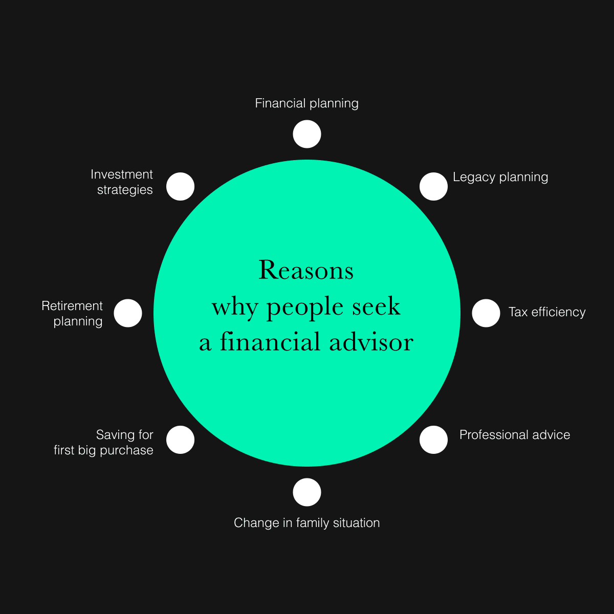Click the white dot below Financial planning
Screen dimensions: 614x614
pyautogui.click(x=307, y=134)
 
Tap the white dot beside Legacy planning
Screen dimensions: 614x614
pyautogui.click(x=433, y=186)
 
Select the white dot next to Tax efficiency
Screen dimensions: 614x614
pyautogui.click(x=486, y=313)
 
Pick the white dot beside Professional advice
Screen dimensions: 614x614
pyautogui.click(x=433, y=440)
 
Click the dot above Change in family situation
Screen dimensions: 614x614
pyautogui.click(x=307, y=492)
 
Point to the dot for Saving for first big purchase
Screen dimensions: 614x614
pyautogui.click(x=181, y=440)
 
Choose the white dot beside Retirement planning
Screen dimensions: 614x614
pyautogui.click(x=128, y=313)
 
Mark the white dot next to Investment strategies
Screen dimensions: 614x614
pyautogui.click(x=181, y=186)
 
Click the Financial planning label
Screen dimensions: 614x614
pyautogui.click(x=306, y=103)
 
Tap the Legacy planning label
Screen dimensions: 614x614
pyautogui.click(x=500, y=178)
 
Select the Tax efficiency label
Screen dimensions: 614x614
pyautogui.click(x=547, y=312)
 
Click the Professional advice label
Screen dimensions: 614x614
pyautogui.click(x=515, y=435)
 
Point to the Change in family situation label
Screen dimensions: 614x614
pyautogui.click(x=306, y=523)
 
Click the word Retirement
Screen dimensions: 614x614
pyautogui.click(x=72, y=306)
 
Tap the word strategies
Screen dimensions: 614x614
pyautogui.click(x=125, y=190)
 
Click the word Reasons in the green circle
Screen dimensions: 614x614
pyautogui.click(x=306, y=270)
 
